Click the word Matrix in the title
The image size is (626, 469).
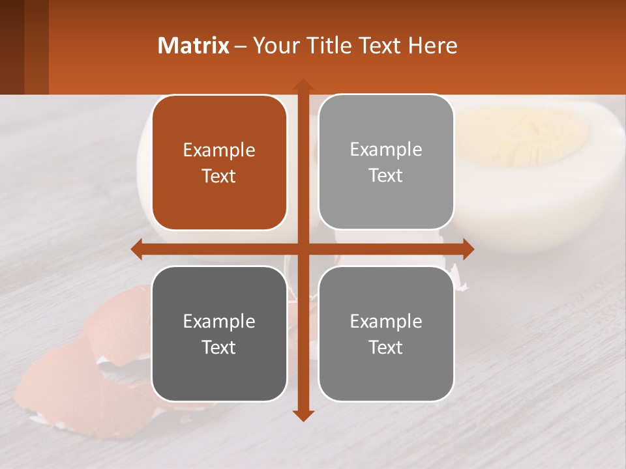(194, 46)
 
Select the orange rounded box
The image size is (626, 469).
(219, 162)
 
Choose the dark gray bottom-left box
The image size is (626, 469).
(219, 334)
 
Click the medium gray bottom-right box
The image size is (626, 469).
(386, 334)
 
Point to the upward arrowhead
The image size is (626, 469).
(303, 85)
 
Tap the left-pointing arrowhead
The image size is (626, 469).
(137, 249)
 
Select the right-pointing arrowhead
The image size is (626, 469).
(468, 249)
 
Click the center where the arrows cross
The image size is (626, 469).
(303, 249)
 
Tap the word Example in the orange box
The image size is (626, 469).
(219, 150)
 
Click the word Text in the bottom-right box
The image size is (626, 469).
(386, 347)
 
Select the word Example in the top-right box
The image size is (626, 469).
(386, 149)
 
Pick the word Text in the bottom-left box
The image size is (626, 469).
(219, 347)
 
